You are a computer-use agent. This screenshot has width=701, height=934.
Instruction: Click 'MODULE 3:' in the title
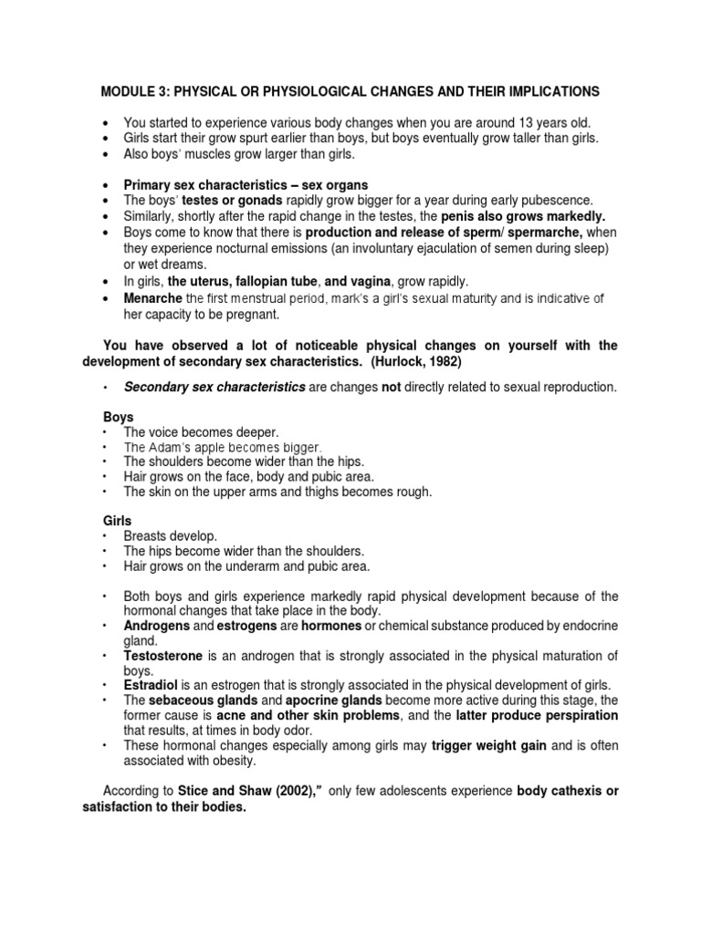click(x=133, y=91)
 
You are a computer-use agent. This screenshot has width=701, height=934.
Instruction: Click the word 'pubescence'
click(x=554, y=201)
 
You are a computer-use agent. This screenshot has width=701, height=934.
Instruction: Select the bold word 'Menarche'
click(x=153, y=298)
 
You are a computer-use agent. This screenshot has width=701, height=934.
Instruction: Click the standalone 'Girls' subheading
click(x=118, y=520)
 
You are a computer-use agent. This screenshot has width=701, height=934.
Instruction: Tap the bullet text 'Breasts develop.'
click(x=171, y=536)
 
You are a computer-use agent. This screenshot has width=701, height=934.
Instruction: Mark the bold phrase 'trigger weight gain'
click(x=489, y=745)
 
